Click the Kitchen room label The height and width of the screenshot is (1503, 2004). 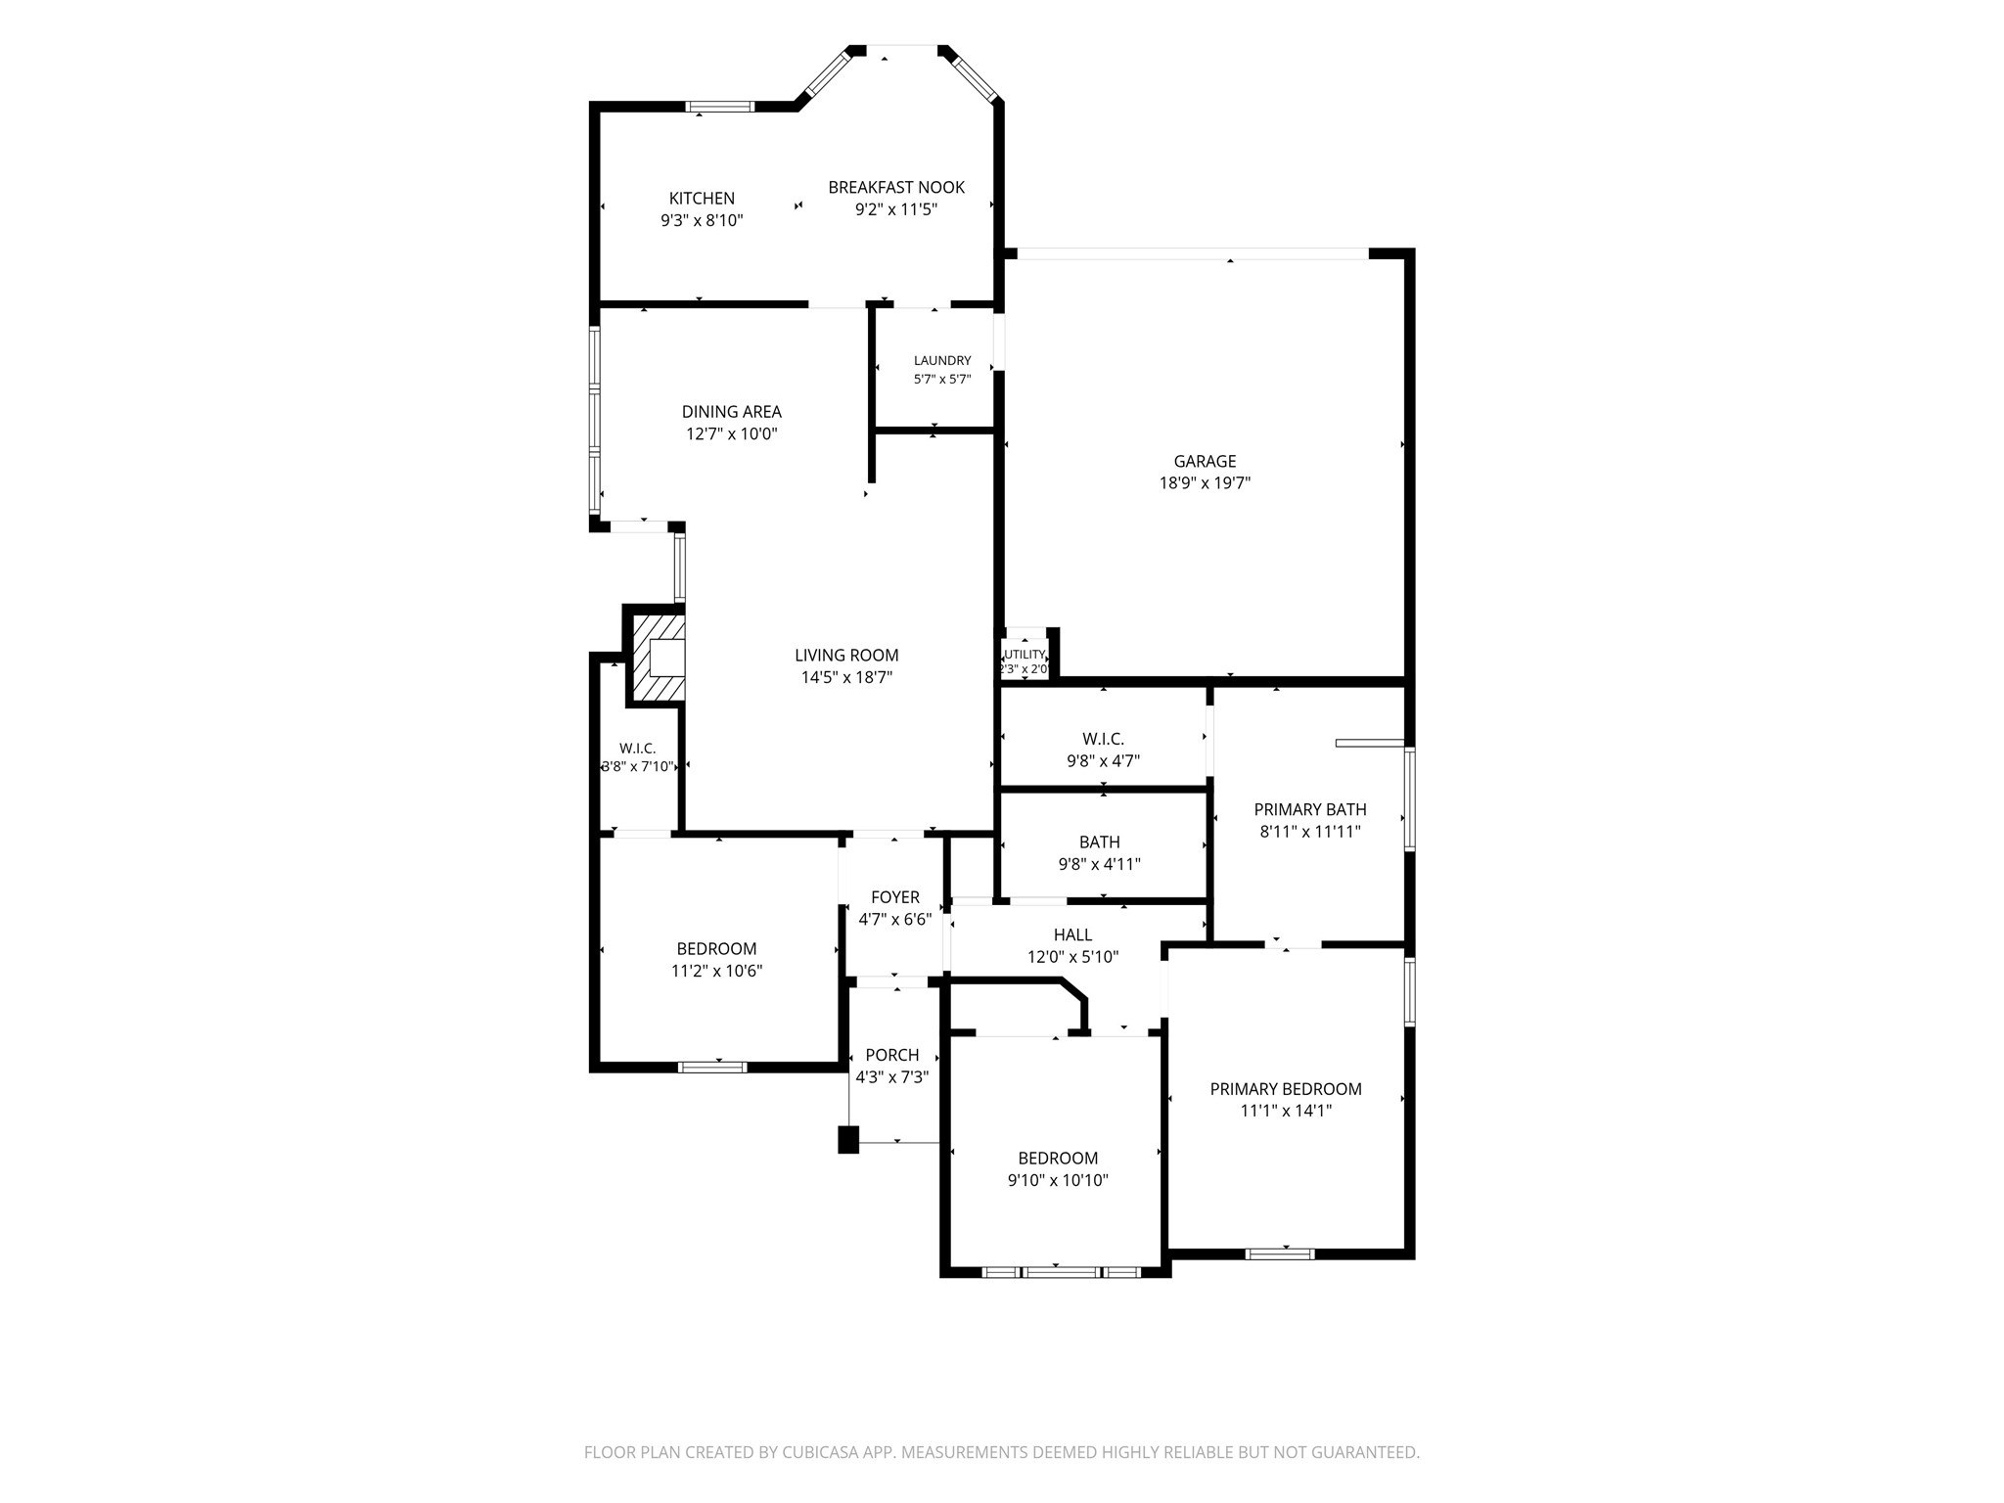point(702,199)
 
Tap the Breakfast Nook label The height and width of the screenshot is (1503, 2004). point(896,188)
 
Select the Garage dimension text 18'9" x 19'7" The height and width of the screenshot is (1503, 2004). point(1205,482)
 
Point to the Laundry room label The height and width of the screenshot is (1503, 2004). point(942,361)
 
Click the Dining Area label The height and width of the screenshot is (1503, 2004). point(732,412)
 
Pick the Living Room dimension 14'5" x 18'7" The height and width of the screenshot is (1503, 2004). point(846,677)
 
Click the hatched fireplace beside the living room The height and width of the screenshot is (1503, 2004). point(657,657)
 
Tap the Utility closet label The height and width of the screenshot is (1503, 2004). point(1025,655)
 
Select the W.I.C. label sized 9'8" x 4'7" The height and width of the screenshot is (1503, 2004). point(1103,739)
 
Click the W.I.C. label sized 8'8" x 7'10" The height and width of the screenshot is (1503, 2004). point(637,749)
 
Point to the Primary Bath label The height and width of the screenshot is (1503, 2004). point(1310,810)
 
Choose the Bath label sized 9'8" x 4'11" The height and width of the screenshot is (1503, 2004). point(1100,843)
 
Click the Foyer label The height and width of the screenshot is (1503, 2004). point(895,898)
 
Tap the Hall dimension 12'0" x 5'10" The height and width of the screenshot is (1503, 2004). point(1073,958)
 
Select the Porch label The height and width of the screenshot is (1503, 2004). point(892,1056)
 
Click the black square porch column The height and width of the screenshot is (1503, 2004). point(848,1140)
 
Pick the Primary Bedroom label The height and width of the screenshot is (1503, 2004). point(1286,1090)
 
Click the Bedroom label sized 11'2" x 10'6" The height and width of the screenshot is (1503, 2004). point(716,949)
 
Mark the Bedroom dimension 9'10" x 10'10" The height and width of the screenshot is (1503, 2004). point(1058,1181)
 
